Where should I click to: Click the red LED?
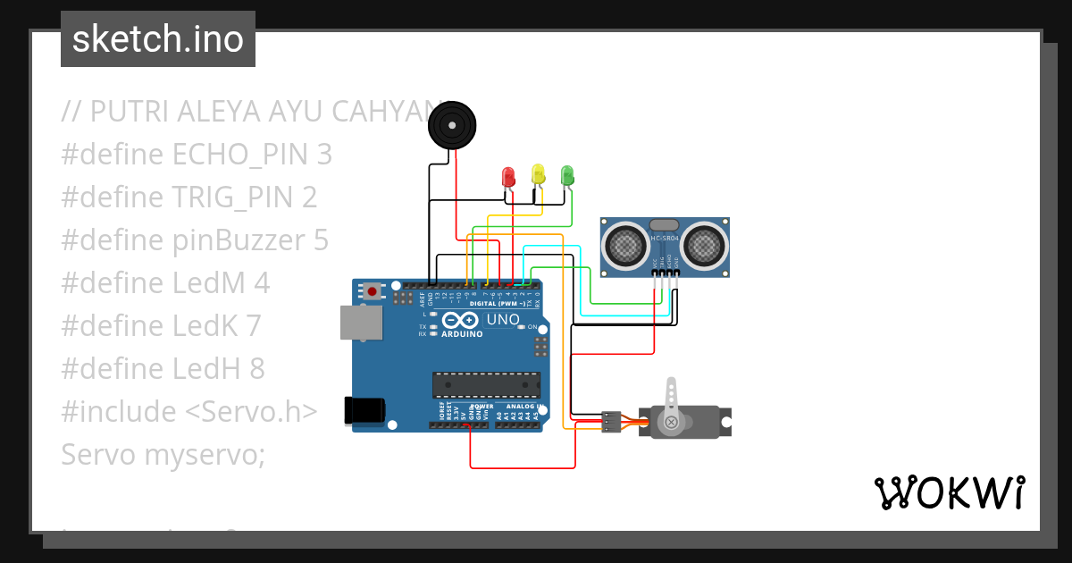click(509, 176)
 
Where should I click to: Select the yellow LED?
click(538, 173)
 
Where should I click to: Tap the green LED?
click(566, 174)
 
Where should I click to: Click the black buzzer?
click(452, 125)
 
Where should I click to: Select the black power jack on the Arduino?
click(364, 410)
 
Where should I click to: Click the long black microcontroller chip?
click(486, 384)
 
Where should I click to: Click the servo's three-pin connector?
click(612, 422)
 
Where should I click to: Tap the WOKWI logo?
click(950, 492)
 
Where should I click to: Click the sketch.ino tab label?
click(158, 39)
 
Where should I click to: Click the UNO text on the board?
click(502, 319)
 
